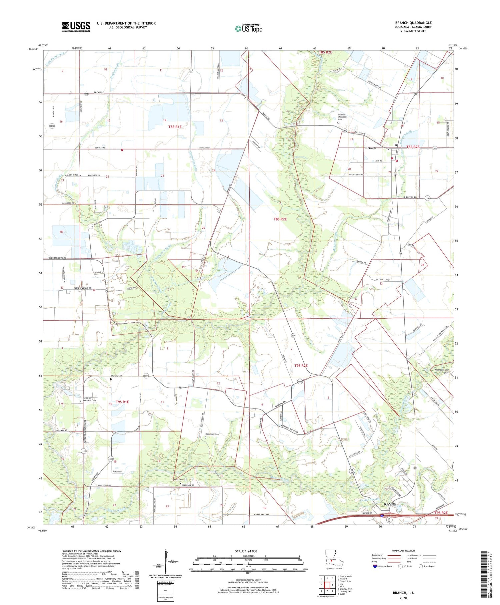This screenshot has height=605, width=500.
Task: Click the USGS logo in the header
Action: pyautogui.click(x=76, y=27)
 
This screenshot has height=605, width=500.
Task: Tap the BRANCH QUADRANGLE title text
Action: pyautogui.click(x=413, y=23)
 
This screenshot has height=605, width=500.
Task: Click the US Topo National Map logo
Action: pyautogui.click(x=248, y=28)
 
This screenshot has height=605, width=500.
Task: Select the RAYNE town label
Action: pyautogui.click(x=390, y=504)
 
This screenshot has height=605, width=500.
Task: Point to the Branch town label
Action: pyautogui.click(x=370, y=148)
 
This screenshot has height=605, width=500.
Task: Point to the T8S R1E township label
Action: pyautogui.click(x=175, y=127)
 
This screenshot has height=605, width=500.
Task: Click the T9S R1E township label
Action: pyautogui.click(x=122, y=402)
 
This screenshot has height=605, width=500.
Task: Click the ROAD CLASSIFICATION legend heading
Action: pyautogui.click(x=403, y=551)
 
